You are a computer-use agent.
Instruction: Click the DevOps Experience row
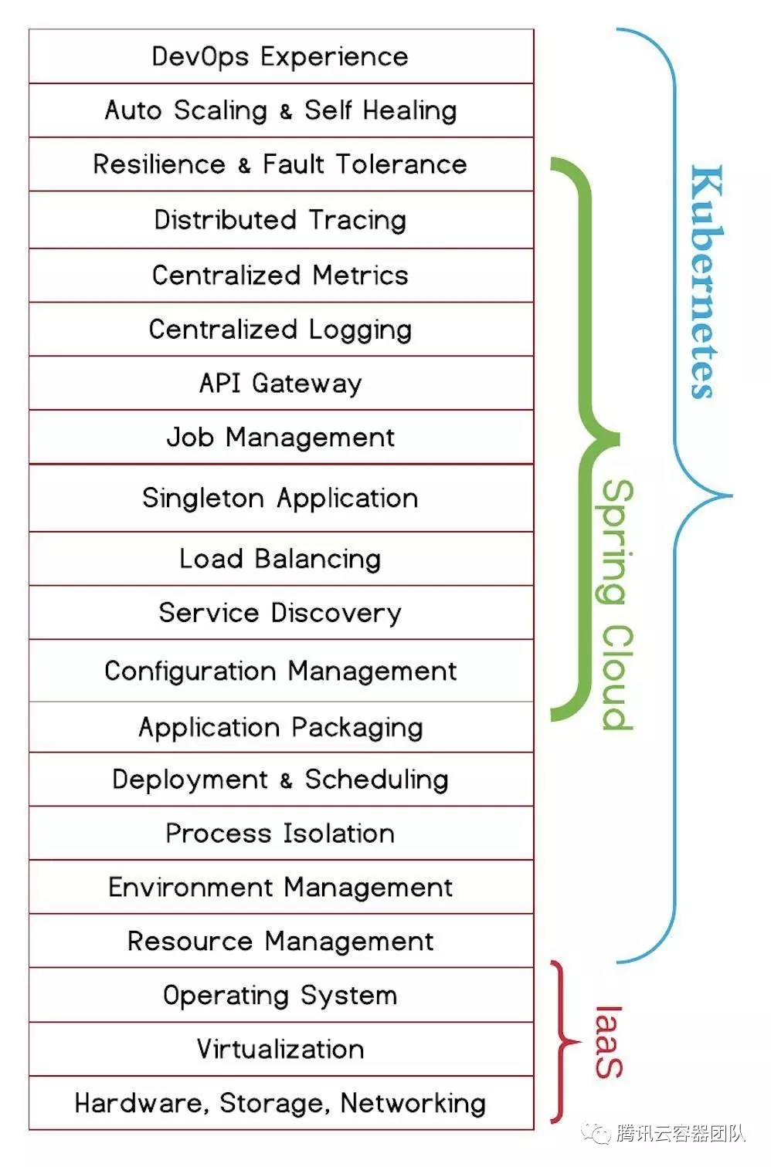(280, 56)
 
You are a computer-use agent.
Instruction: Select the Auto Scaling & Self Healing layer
(280, 110)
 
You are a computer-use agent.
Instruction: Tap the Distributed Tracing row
(280, 220)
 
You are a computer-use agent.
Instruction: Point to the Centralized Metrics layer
(280, 276)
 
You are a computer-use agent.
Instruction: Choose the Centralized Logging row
(280, 330)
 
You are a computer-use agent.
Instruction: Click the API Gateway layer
(280, 384)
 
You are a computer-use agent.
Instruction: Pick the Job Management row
(280, 438)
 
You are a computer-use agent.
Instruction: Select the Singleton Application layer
(280, 498)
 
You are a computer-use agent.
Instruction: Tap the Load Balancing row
(280, 559)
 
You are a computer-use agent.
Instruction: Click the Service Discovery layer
(280, 613)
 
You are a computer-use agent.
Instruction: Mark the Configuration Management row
(280, 671)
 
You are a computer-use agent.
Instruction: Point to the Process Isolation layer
(280, 834)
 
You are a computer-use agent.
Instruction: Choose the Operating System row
(280, 996)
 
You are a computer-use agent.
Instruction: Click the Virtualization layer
(280, 1050)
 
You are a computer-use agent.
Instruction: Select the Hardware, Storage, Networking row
(280, 1104)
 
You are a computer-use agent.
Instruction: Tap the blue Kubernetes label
(705, 282)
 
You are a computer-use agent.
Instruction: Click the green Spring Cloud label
(617, 604)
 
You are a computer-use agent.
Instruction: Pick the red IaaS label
(609, 1042)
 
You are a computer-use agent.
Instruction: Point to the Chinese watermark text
(680, 1133)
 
